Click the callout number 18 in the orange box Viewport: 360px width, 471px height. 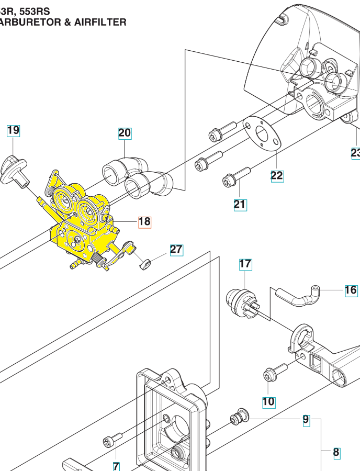(x=144, y=222)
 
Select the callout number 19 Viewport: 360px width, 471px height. (x=13, y=130)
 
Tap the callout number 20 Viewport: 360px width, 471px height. (x=125, y=133)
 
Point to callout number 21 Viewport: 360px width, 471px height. (x=240, y=204)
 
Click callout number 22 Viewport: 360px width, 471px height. (x=277, y=175)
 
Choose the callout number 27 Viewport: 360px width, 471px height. (x=176, y=249)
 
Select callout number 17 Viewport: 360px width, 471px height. (x=245, y=264)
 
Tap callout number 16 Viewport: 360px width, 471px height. (x=351, y=290)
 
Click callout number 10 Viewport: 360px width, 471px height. (x=268, y=402)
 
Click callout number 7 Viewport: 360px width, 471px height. (x=116, y=466)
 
